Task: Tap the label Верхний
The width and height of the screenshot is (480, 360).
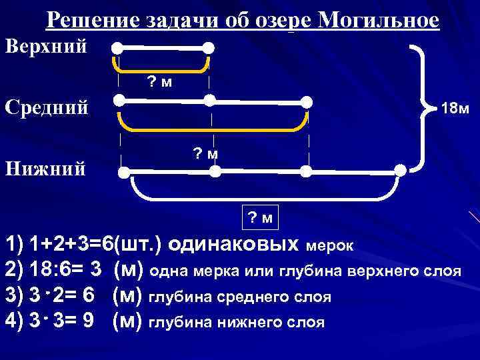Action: click(46, 46)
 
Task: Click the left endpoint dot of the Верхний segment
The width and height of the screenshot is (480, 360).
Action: click(117, 48)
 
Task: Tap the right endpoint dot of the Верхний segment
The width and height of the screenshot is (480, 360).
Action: click(209, 48)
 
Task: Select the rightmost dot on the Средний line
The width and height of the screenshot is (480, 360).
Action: click(306, 101)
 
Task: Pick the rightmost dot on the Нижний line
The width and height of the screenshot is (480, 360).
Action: click(399, 171)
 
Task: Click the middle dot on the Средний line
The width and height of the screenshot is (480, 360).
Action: click(210, 101)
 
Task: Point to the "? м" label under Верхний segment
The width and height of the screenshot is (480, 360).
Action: click(159, 82)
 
